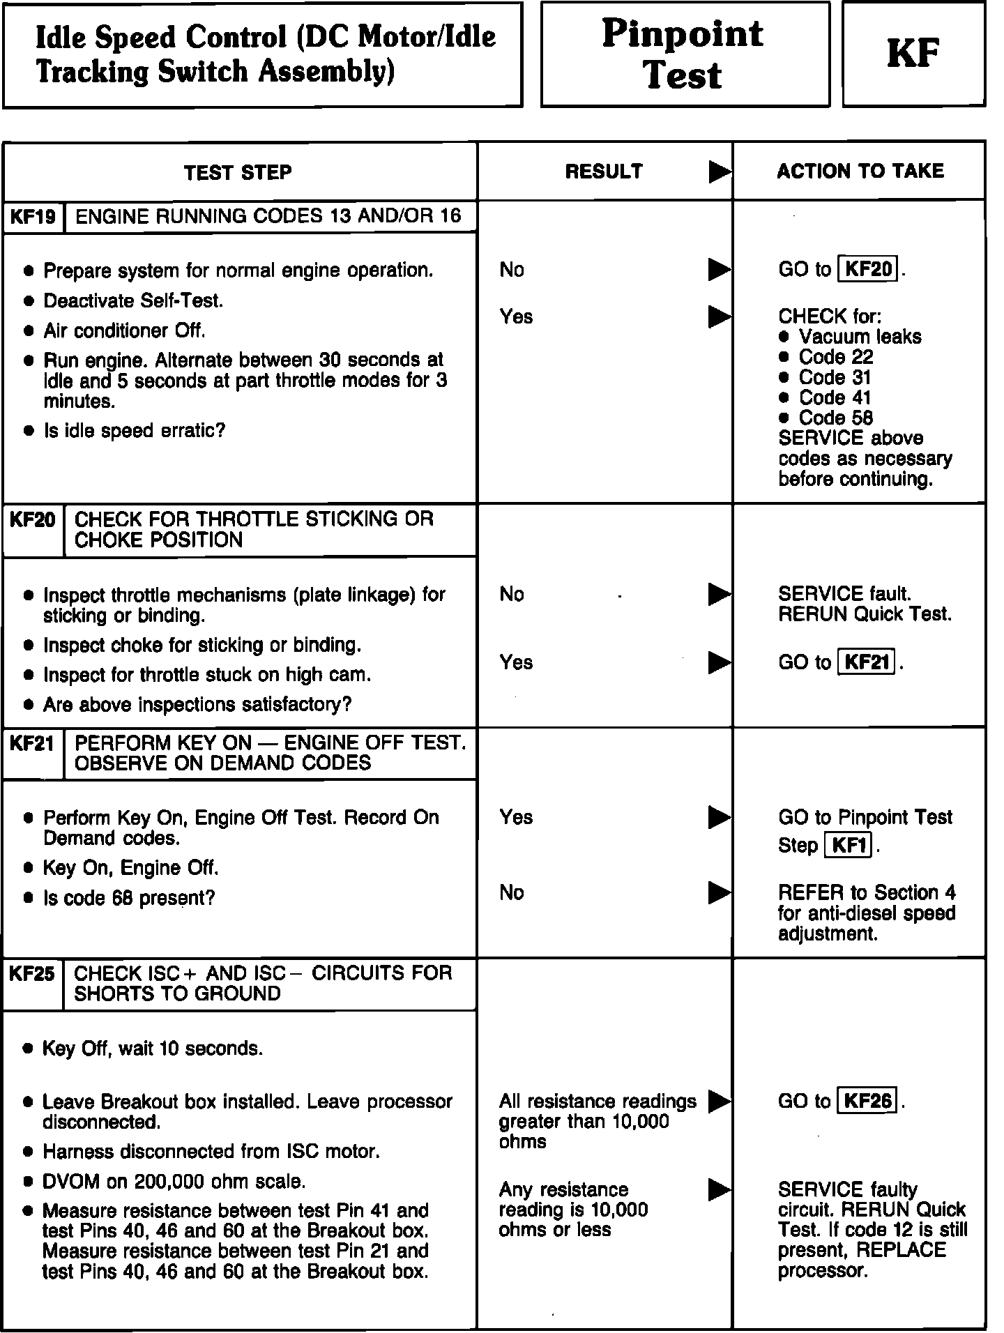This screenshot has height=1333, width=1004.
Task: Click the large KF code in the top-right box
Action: [x=913, y=54]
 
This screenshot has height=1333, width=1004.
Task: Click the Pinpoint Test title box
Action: [x=684, y=54]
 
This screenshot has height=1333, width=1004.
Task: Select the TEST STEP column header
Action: [x=238, y=172]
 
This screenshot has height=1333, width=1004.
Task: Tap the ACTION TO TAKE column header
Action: [x=860, y=172]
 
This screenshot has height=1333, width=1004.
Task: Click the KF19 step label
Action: [x=33, y=217]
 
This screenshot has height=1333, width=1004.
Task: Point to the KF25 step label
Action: [x=32, y=973]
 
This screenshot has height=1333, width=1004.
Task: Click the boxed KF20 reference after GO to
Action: [x=868, y=269]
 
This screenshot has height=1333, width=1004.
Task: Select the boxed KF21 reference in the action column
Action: [x=866, y=662]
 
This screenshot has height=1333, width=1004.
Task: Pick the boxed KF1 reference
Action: [x=849, y=846]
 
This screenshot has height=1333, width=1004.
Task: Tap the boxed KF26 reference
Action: [x=867, y=1101]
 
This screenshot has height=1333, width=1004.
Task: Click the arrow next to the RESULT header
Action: [x=720, y=172]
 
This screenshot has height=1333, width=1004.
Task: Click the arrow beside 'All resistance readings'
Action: [x=720, y=1102]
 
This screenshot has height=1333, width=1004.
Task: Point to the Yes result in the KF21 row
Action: [x=516, y=817]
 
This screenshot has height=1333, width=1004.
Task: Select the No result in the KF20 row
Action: [x=512, y=594]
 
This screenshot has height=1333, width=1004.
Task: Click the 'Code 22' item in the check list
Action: [x=835, y=357]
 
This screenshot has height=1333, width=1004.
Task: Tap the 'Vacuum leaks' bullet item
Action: [x=860, y=337]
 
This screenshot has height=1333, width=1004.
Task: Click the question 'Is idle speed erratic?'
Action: [x=135, y=431]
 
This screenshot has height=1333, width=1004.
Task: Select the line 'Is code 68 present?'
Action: [x=129, y=898]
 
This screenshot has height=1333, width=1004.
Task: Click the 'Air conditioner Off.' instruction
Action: [x=124, y=330]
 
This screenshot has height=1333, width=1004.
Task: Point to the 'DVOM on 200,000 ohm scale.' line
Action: [x=174, y=1182]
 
